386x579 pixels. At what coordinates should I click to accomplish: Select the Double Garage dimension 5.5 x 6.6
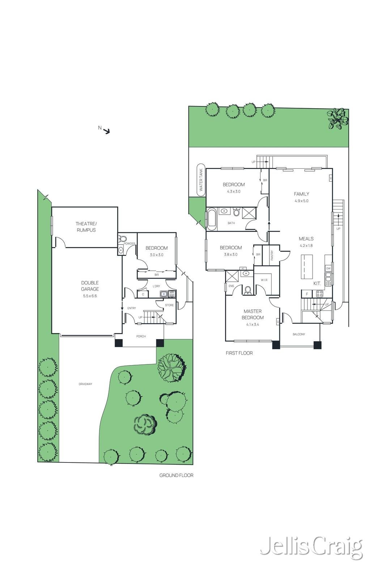coord(90,296)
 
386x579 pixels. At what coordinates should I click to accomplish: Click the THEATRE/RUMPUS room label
coord(86,227)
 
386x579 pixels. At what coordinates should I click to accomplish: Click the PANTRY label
coord(272,255)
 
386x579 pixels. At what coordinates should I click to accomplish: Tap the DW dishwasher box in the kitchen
coord(328,269)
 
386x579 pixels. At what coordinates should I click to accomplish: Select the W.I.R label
coord(264,280)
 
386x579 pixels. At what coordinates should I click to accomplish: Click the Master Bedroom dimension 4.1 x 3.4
coord(253,324)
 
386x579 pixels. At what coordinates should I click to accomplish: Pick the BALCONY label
coord(299,334)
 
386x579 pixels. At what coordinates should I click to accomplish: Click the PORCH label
coord(141,336)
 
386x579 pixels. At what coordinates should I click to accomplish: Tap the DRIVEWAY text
coord(86,384)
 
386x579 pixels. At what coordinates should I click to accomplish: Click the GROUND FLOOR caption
coord(176,475)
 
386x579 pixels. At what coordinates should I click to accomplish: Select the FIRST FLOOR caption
coord(239,353)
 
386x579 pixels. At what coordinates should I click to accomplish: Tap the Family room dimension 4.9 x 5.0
coord(301,201)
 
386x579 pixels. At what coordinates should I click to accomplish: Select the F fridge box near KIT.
coord(307,294)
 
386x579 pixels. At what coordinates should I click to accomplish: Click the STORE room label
coord(169,305)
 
